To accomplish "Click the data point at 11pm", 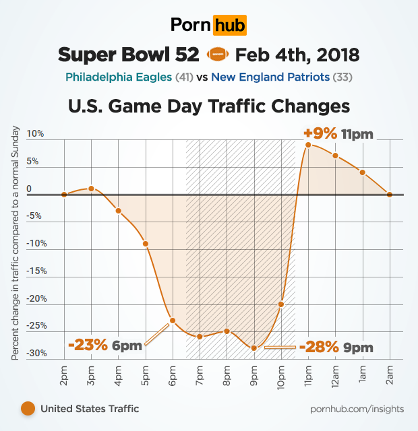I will click(308, 145).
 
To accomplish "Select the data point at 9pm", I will click(254, 348).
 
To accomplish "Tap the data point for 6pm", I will click(173, 320).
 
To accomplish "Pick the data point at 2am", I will click(390, 194).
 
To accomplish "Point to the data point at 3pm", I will click(91, 189).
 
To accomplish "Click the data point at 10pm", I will click(281, 304).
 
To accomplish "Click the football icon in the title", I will click(217, 53).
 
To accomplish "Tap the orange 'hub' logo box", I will click(229, 26).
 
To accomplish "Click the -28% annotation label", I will click(318, 347).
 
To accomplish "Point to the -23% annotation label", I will click(88, 345).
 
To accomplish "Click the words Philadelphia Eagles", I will click(119, 77).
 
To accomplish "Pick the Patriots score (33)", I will click(343, 77).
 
